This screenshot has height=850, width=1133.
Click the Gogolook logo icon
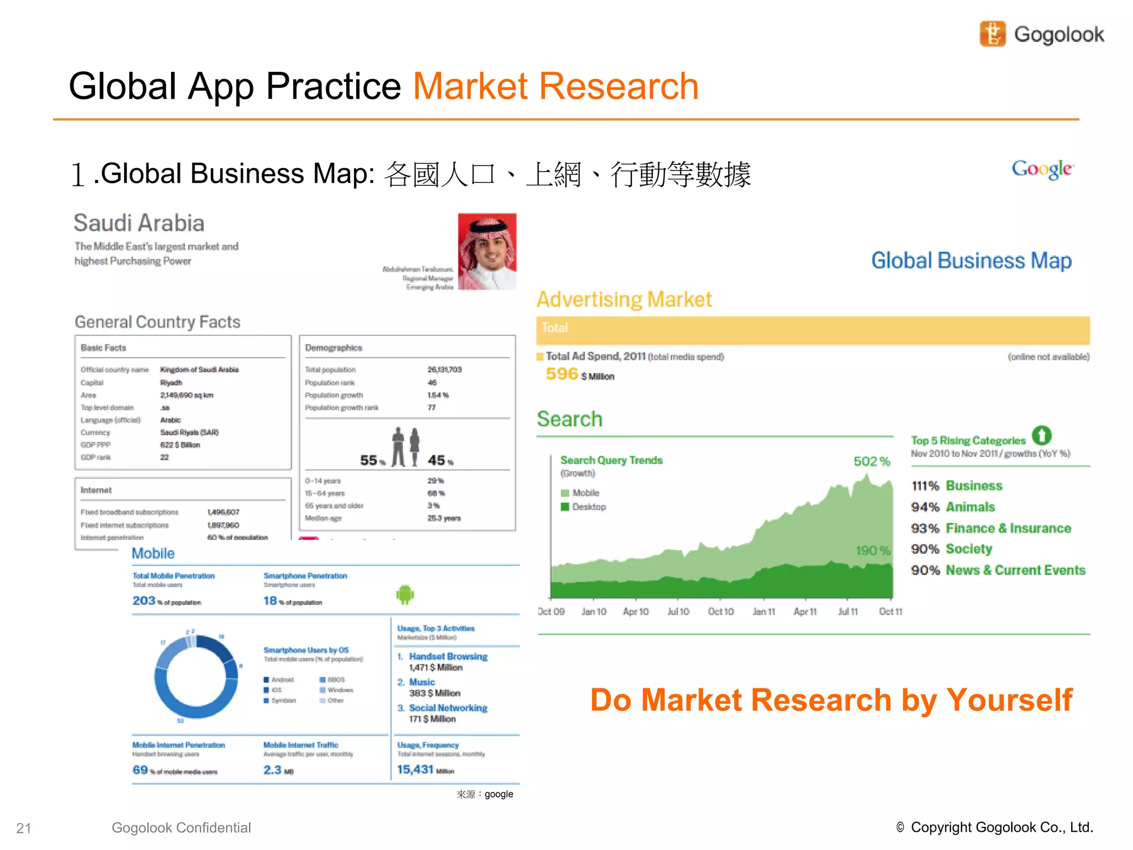point(992,34)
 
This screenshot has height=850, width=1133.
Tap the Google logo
point(1042,169)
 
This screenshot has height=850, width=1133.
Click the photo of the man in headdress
point(487,251)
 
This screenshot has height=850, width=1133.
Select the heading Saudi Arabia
point(139,223)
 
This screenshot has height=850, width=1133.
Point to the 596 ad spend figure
point(562,374)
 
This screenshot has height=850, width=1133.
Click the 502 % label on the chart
point(871,461)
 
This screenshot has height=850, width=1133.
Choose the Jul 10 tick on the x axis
point(678,611)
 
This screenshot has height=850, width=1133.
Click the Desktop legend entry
point(589,507)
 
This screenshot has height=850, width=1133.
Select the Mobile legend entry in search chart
point(585,493)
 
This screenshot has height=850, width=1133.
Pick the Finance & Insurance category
point(1008,528)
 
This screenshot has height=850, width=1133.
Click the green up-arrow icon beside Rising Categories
point(1041,436)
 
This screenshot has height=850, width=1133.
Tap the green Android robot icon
point(405,594)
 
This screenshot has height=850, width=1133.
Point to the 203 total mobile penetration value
point(144,600)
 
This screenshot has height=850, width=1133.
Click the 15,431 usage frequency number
point(415,769)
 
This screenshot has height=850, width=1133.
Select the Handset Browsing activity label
point(448,656)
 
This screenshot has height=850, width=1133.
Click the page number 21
point(23,828)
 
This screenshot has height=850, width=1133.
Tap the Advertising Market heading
point(624,299)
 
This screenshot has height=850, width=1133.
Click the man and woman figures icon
point(406,447)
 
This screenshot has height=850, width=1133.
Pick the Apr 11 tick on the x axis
point(805,611)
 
